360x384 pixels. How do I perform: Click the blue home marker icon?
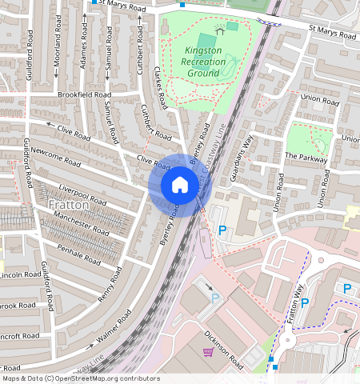(x=180, y=186)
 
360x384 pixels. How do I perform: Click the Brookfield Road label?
(x=84, y=94)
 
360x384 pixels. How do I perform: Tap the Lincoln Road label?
(x=19, y=274)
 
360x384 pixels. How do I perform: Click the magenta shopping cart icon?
(x=209, y=351)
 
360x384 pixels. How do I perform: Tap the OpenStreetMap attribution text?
(x=81, y=378)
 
